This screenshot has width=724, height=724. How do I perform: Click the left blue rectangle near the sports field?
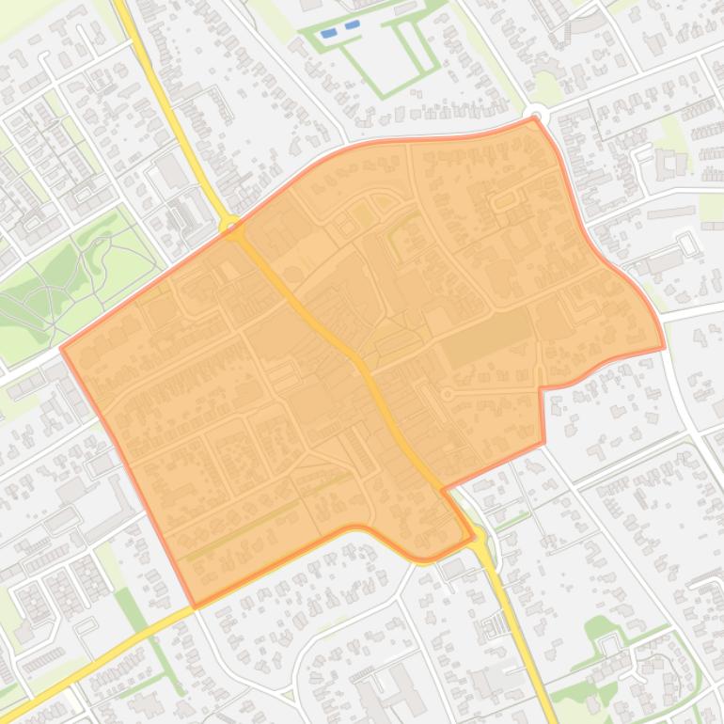tap(329, 33)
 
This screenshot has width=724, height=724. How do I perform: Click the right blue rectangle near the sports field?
tap(352, 25)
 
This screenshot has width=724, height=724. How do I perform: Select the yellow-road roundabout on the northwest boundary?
tap(229, 224)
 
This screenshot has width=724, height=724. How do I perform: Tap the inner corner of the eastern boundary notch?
tap(542, 388)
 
